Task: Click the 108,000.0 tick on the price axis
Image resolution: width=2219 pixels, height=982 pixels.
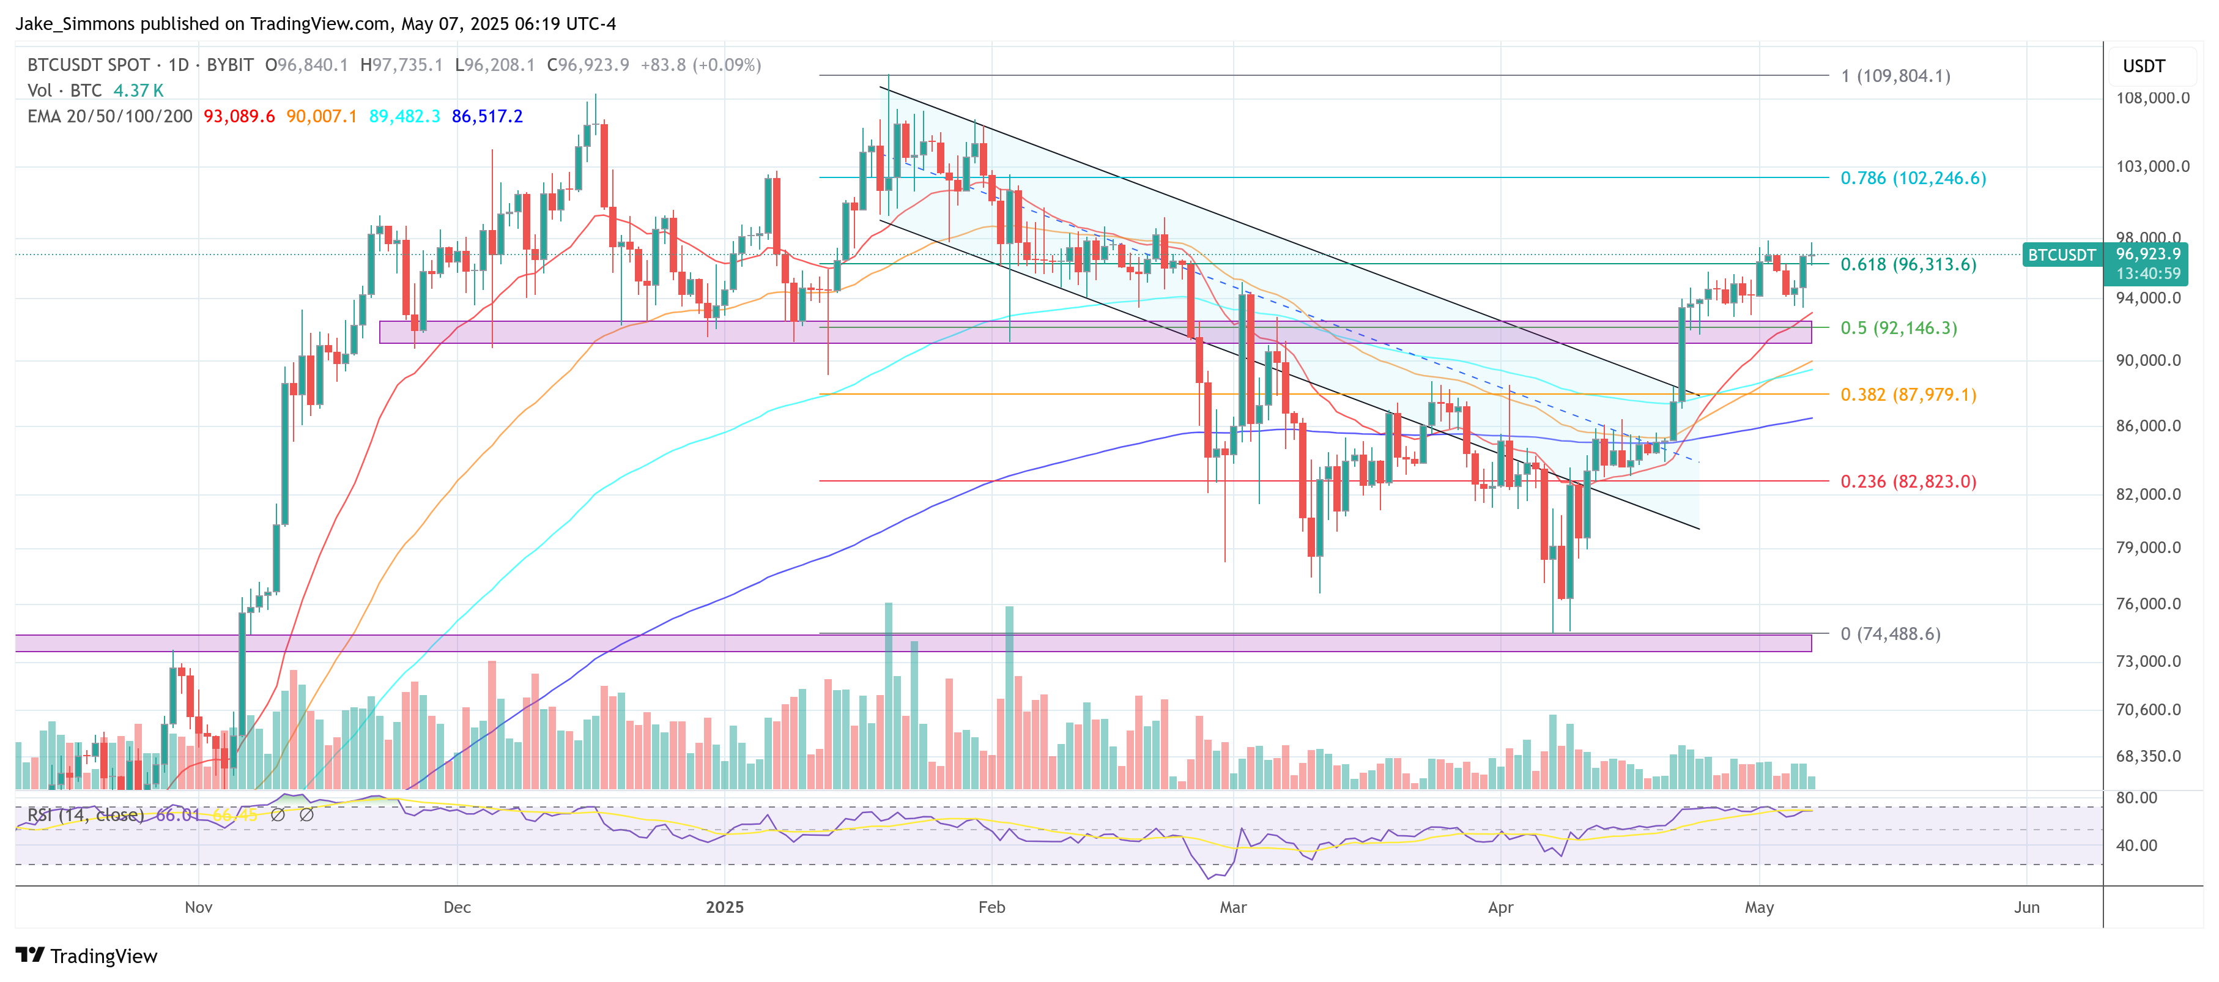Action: pyautogui.click(x=2152, y=98)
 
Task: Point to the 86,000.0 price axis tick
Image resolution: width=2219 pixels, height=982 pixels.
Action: pyautogui.click(x=2152, y=426)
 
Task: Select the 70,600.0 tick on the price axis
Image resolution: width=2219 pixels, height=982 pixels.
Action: pyautogui.click(x=2152, y=710)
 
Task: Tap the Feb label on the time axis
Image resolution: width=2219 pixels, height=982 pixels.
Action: pyautogui.click(x=991, y=907)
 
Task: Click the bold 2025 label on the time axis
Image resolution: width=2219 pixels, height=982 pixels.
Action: pyautogui.click(x=724, y=907)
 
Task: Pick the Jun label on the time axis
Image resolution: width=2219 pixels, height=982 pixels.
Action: pyautogui.click(x=2026, y=907)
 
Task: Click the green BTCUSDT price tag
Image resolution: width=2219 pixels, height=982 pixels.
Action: pyautogui.click(x=2061, y=255)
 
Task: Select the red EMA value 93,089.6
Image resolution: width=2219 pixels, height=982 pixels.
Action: pyautogui.click(x=239, y=116)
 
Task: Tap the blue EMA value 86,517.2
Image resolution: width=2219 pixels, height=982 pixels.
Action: pyautogui.click(x=487, y=116)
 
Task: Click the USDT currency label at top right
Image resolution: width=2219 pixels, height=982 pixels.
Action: pyautogui.click(x=2143, y=66)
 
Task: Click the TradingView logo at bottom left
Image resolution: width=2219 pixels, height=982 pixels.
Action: pyautogui.click(x=86, y=956)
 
